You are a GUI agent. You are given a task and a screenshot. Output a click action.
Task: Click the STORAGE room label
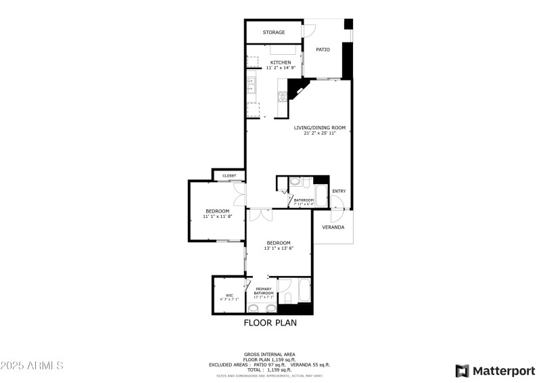point(274,32)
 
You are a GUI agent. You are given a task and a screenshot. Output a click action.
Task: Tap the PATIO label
point(323,49)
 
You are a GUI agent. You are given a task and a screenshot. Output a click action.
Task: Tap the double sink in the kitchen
point(251,86)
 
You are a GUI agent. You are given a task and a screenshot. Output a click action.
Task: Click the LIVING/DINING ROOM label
point(319,128)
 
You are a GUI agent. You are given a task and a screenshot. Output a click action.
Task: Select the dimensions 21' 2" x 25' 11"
point(319,133)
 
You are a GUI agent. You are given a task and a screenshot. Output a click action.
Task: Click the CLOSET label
point(229,176)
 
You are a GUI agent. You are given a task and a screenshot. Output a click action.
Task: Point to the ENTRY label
point(339,191)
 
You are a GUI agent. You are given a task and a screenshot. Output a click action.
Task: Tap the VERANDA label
point(333,227)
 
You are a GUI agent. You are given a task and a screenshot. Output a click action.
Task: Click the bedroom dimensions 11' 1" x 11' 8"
point(218,217)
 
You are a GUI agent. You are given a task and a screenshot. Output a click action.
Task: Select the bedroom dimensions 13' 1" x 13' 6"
point(279,248)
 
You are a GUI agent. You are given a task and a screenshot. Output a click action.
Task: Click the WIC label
point(229,295)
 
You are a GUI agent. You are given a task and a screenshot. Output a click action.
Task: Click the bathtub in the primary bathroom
point(303,293)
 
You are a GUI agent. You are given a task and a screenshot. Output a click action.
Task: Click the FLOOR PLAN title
point(270,323)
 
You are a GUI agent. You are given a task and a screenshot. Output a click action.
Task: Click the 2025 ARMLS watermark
point(32,365)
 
